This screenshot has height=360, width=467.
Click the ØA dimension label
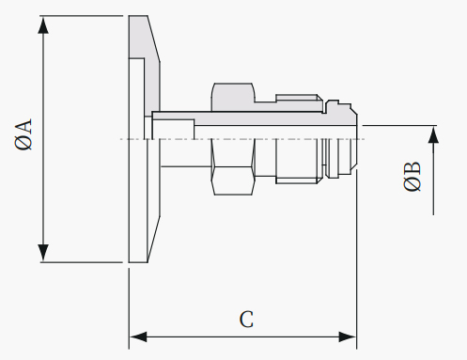tap(23, 134)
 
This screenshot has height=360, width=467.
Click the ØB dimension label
tap(413, 176)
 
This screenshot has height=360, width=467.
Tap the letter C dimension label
tap(246, 320)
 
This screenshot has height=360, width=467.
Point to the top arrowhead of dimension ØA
tap(43, 24)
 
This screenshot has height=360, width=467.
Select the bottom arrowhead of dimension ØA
tap(43, 253)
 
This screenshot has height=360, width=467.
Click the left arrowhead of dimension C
tap(138, 337)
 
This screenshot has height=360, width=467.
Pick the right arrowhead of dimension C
tap(348, 337)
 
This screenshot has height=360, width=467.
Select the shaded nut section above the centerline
tap(233, 97)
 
